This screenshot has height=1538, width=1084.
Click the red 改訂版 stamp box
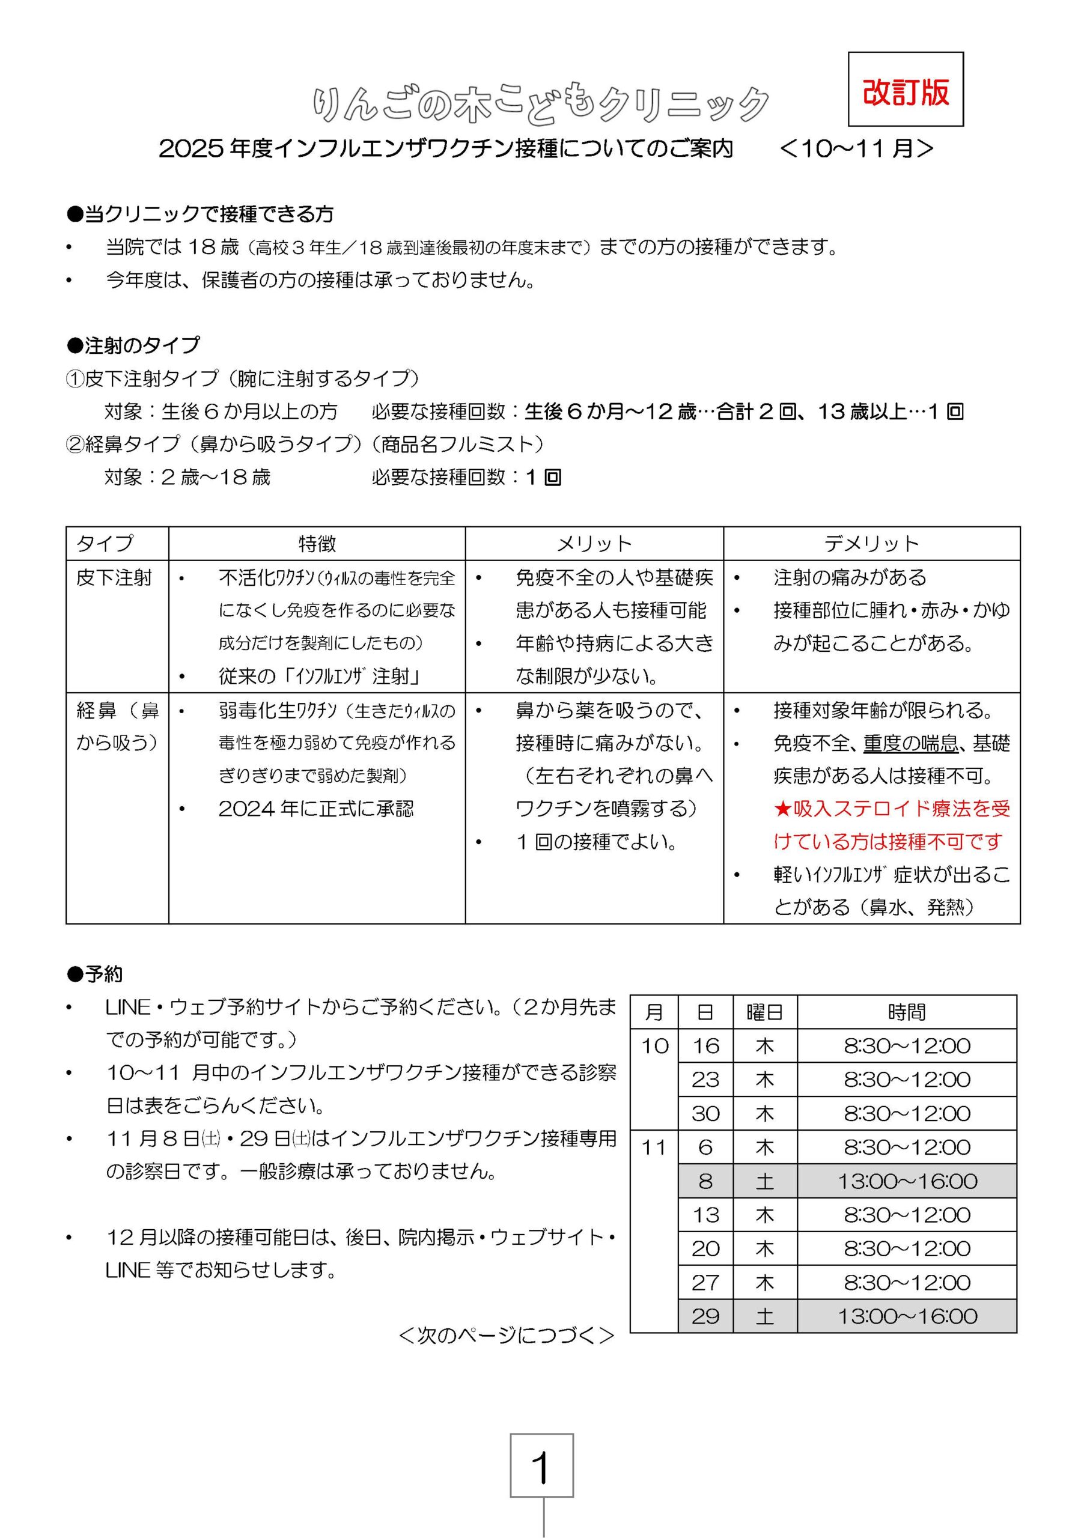click(x=905, y=89)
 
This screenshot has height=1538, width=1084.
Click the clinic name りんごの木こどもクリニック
click(x=541, y=105)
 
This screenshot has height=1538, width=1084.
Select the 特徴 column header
click(x=317, y=543)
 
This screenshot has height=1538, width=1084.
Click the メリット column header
click(x=594, y=543)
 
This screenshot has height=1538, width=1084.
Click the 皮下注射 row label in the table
click(x=114, y=577)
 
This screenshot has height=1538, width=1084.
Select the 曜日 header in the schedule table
click(x=764, y=1012)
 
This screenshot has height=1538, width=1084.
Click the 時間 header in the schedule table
click(x=907, y=1012)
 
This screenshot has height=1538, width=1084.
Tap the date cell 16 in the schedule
click(x=705, y=1045)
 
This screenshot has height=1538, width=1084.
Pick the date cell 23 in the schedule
click(x=705, y=1080)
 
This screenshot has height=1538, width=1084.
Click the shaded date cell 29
click(x=705, y=1316)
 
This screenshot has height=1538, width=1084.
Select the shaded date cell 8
click(x=705, y=1181)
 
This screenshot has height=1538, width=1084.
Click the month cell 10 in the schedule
click(x=654, y=1045)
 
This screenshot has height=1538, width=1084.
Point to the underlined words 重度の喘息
click(x=910, y=743)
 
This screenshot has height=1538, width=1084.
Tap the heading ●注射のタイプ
click(x=133, y=345)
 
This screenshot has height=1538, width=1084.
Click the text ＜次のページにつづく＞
click(x=506, y=1336)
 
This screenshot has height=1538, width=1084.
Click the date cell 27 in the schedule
click(x=705, y=1282)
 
